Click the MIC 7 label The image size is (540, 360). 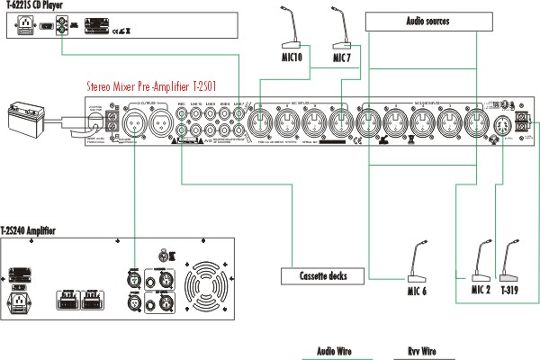[x=341, y=58]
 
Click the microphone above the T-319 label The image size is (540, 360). [x=509, y=261]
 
